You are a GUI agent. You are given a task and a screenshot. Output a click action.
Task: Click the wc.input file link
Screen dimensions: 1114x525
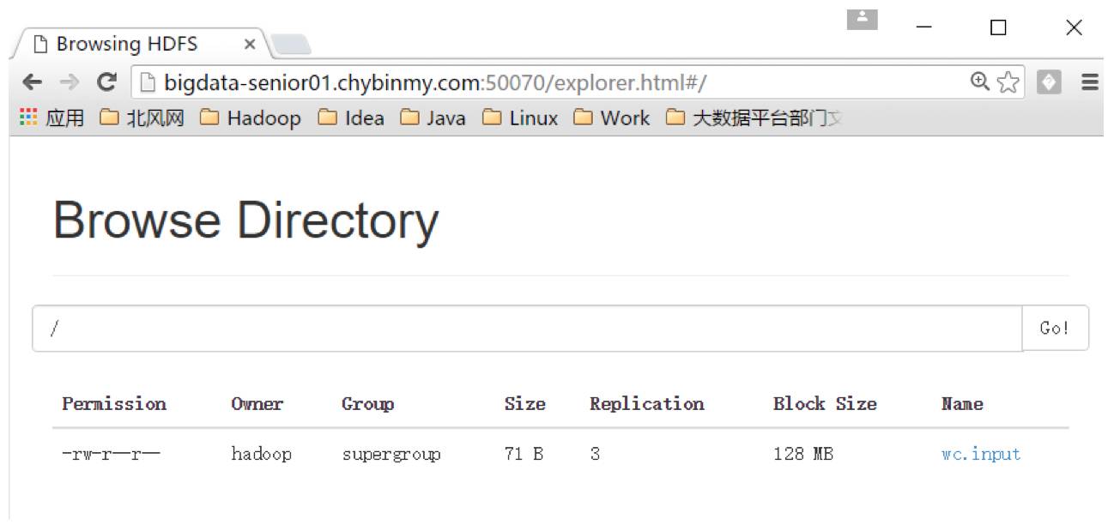click(980, 454)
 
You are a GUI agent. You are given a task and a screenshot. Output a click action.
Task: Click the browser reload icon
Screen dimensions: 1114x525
click(106, 82)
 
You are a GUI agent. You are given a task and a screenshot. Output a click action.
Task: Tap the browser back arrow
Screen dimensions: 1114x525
click(32, 82)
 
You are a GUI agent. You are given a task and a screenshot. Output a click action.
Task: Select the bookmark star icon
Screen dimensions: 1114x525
click(1008, 82)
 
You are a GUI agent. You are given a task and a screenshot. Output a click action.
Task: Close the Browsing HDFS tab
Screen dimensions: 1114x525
click(250, 44)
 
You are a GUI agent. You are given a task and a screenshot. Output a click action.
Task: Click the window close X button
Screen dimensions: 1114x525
click(1074, 27)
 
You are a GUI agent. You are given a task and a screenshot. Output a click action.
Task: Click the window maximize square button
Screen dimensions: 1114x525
click(998, 27)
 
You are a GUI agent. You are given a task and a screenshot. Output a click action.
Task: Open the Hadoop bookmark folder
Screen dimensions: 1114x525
click(251, 118)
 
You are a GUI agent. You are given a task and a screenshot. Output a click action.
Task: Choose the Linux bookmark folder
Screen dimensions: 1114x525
click(520, 118)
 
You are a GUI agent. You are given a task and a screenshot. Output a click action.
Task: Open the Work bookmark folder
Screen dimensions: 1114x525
click(611, 118)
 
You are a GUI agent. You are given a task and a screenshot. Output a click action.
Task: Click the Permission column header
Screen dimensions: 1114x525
click(114, 403)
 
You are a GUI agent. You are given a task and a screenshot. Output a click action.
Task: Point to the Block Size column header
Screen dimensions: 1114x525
click(824, 403)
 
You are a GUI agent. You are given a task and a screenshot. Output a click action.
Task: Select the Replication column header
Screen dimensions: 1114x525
click(646, 403)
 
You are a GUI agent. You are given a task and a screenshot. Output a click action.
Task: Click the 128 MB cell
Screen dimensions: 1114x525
click(802, 454)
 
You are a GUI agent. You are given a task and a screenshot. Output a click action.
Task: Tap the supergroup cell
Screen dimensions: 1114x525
click(391, 454)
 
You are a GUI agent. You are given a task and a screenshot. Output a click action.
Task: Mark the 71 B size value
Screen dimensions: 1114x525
click(524, 454)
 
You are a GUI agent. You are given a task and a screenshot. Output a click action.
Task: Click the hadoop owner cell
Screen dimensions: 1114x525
click(261, 454)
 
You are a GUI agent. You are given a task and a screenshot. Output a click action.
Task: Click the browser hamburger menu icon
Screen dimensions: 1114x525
click(1090, 82)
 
